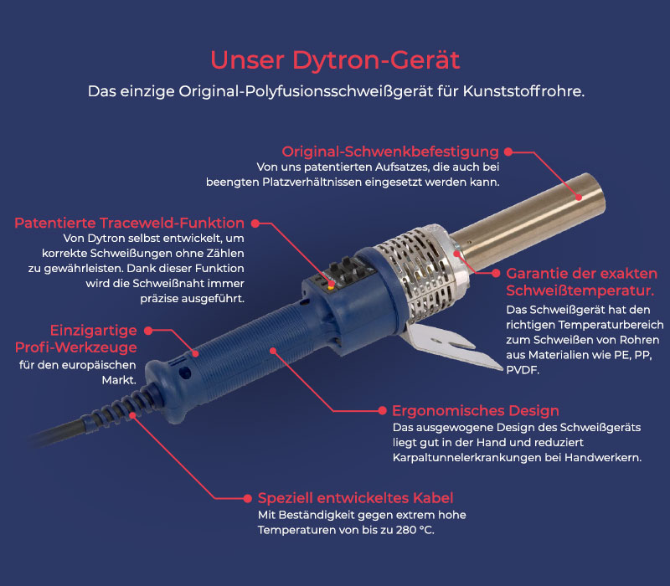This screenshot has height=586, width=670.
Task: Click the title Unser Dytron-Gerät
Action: (335, 59)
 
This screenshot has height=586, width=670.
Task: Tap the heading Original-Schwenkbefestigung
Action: (390, 152)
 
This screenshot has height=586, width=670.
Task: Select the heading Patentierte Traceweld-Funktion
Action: (129, 224)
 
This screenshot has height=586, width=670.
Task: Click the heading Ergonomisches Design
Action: (475, 411)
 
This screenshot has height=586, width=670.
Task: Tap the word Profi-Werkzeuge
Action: (75, 347)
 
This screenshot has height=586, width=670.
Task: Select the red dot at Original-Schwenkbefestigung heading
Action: (508, 152)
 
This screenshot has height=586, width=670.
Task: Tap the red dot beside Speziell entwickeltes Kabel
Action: (249, 498)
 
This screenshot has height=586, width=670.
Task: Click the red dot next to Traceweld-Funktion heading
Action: (255, 224)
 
